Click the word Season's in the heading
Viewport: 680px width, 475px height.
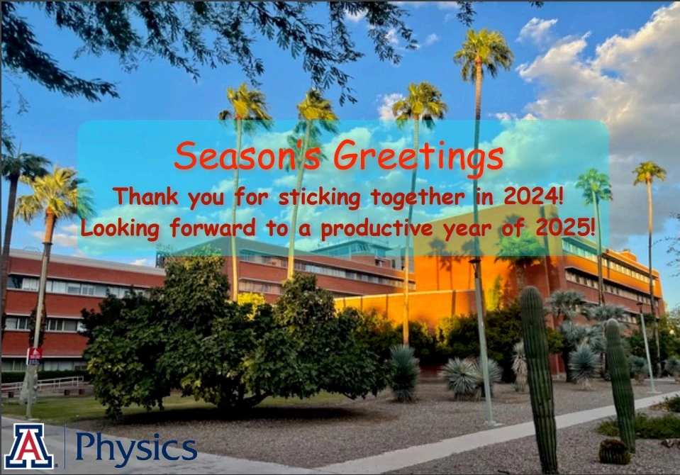click(247, 155)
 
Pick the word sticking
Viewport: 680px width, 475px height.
click(319, 198)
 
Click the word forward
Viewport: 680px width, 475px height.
click(213, 228)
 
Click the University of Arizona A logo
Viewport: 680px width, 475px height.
click(29, 445)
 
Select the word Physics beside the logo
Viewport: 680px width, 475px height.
click(137, 449)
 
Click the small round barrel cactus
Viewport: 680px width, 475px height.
click(614, 452)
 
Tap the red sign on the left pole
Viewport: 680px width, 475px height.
click(35, 356)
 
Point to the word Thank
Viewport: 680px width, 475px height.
click(146, 196)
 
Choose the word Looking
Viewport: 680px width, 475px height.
click(120, 229)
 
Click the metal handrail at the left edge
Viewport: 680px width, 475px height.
click(43, 383)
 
